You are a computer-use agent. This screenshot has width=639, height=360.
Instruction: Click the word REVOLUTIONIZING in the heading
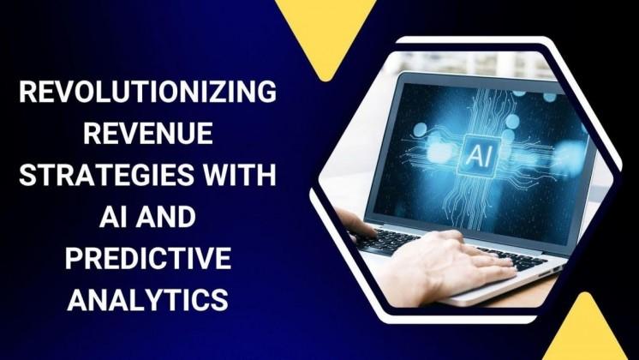tap(147, 93)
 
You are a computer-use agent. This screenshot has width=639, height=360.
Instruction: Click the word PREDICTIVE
tap(147, 258)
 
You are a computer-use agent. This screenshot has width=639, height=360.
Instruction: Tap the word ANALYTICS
tap(147, 299)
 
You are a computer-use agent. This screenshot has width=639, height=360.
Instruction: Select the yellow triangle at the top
tap(325, 30)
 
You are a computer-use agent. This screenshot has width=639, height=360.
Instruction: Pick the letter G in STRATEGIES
tap(128, 176)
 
